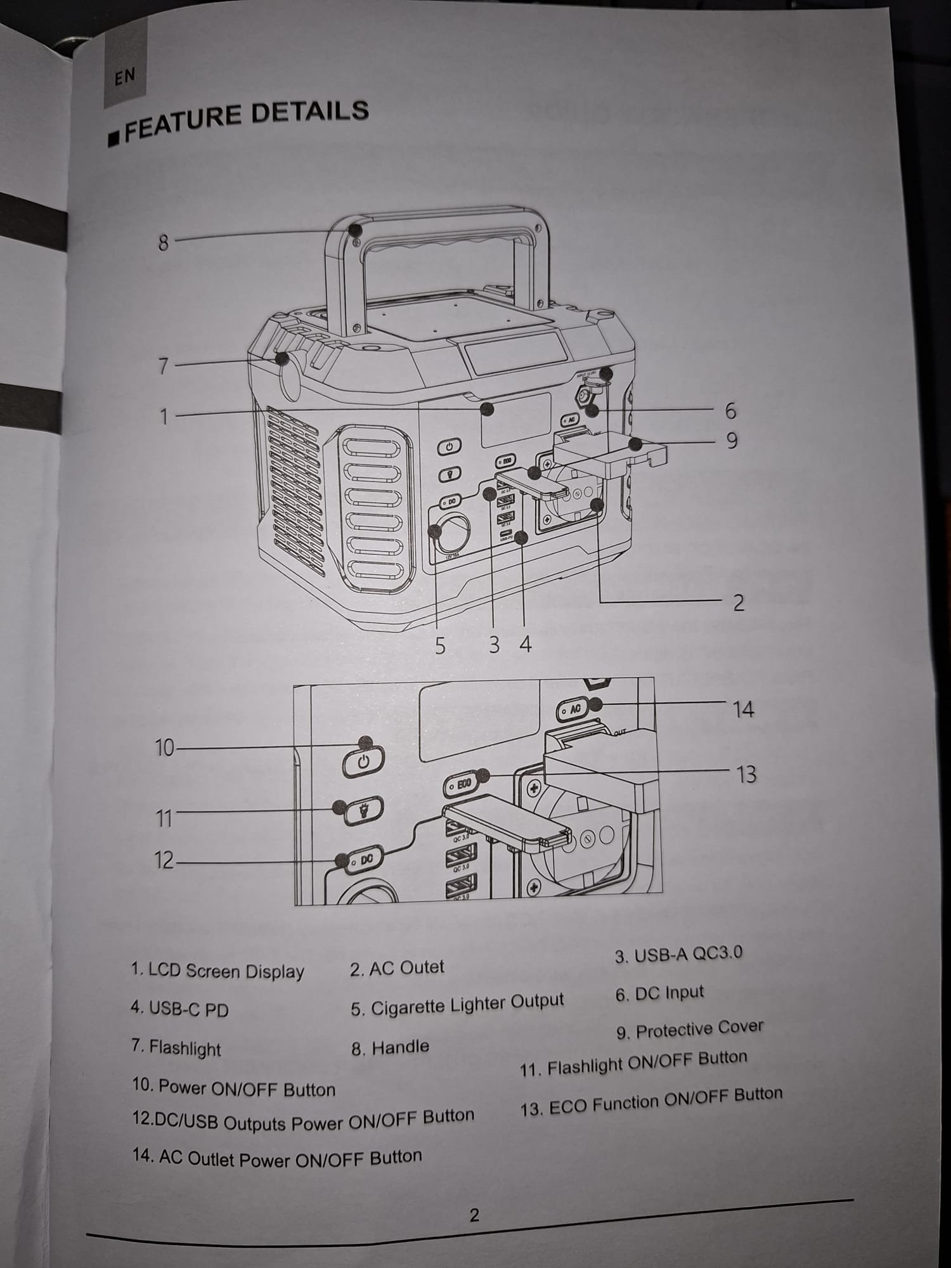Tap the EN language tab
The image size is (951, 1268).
125,77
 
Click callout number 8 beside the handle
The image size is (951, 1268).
164,242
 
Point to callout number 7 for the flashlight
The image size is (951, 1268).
164,366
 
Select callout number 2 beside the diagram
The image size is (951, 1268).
738,602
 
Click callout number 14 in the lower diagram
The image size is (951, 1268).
743,709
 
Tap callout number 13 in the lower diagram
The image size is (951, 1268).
746,774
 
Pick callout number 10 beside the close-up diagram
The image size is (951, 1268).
164,748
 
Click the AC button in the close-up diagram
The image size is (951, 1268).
573,710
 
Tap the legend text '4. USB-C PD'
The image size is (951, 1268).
179,1009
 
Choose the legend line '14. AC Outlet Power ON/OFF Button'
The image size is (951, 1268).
277,1158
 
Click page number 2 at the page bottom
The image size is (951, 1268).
474,1215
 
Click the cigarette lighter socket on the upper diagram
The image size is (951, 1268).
451,533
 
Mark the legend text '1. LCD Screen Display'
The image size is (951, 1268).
217,971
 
